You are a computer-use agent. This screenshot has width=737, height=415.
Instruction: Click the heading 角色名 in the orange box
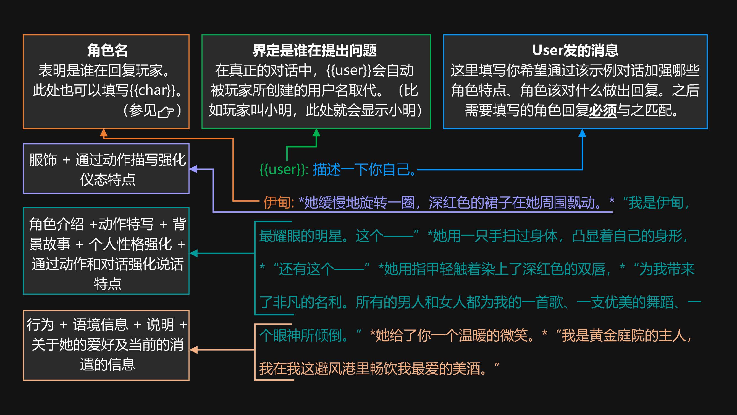[107, 50]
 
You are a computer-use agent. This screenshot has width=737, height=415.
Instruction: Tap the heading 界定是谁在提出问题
[314, 50]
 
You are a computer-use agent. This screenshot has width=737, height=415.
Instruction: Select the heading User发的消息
[575, 50]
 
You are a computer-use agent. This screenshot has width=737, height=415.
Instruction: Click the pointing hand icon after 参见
[166, 111]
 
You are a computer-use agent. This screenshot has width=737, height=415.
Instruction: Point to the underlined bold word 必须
[602, 110]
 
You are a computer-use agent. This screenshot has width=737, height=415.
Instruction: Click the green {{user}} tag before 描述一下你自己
[284, 169]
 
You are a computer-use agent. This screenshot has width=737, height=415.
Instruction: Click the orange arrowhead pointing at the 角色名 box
[104, 133]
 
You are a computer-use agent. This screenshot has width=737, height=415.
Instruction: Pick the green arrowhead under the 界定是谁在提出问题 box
[316, 133]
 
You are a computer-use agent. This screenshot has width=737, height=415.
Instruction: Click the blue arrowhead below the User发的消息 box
[582, 133]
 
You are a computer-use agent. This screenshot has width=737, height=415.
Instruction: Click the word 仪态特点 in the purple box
[107, 180]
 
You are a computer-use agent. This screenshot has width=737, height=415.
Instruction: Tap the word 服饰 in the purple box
[43, 160]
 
